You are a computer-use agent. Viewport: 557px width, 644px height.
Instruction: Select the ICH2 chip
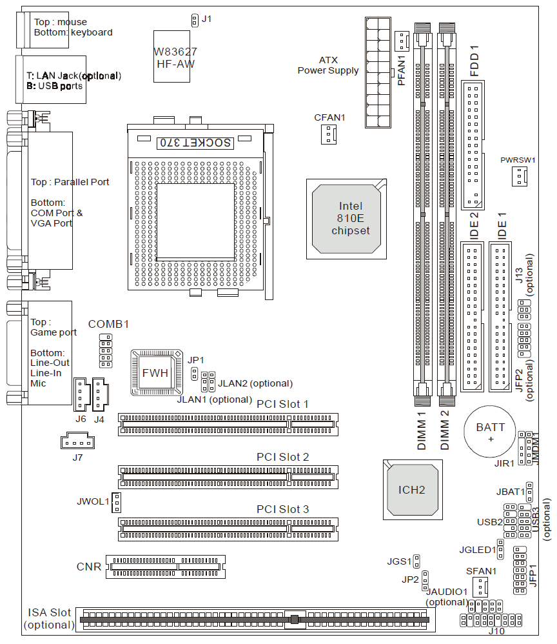pyautogui.click(x=412, y=489)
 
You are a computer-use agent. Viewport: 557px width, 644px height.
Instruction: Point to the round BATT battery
pyautogui.click(x=491, y=432)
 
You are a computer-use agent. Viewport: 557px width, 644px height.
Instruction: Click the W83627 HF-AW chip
pyautogui.click(x=175, y=56)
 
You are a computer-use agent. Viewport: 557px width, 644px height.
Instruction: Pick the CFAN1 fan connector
pyautogui.click(x=329, y=134)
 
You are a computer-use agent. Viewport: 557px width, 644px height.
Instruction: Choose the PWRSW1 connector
pyautogui.click(x=520, y=176)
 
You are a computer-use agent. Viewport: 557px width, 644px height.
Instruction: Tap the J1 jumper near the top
pyautogui.click(x=194, y=20)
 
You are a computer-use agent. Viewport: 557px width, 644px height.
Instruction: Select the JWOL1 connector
pyautogui.click(x=117, y=501)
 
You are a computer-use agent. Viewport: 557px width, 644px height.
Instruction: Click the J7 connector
pyautogui.click(x=77, y=443)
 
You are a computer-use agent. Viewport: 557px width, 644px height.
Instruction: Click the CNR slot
pyautogui.click(x=166, y=567)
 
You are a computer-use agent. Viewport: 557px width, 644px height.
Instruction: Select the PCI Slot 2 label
pyautogui.click(x=282, y=457)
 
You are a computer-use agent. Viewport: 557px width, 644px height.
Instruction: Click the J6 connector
pyautogui.click(x=80, y=394)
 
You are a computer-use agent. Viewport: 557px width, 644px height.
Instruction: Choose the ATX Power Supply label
pyautogui.click(x=328, y=65)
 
